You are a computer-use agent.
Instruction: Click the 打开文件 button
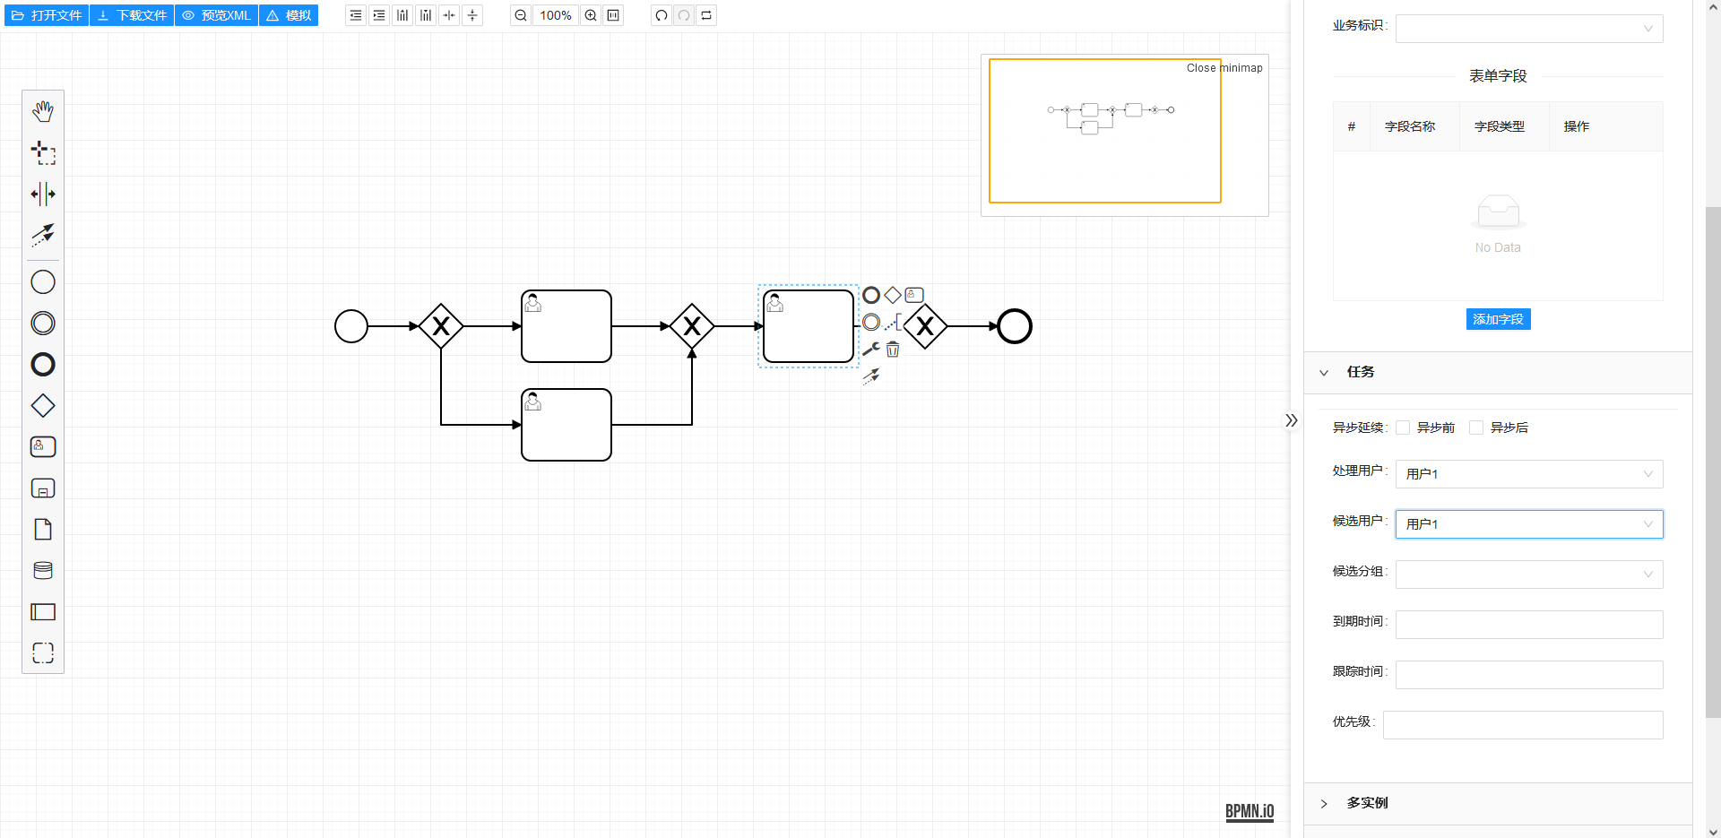pos(47,15)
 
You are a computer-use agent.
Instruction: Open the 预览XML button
pos(217,15)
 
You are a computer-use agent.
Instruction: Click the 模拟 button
pos(289,15)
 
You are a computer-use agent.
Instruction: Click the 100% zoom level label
pos(555,15)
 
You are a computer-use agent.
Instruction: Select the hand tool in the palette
pos(43,111)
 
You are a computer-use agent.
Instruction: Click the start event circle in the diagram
pos(351,326)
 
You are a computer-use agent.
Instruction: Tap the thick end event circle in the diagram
pos(1015,326)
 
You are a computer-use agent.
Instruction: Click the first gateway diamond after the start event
pos(441,326)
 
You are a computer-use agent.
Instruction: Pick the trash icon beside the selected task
pos(893,350)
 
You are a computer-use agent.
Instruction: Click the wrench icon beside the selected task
pos(870,350)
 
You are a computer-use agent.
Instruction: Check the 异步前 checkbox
pos(1403,428)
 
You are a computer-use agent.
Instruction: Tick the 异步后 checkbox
pos(1476,428)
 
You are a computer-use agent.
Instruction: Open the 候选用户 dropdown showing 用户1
pos(1528,524)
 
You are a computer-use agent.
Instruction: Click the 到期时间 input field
pos(1528,625)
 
